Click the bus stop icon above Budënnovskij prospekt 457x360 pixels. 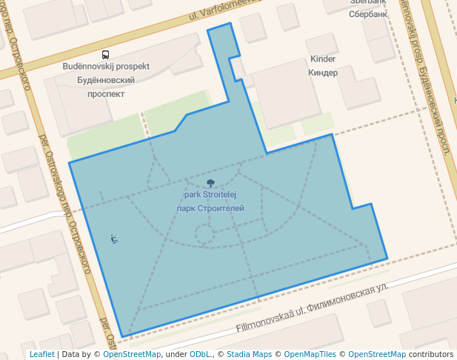coord(106,55)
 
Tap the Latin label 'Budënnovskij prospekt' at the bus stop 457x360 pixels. coord(106,67)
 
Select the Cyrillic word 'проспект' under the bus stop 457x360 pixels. coord(106,94)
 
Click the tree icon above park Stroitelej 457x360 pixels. coord(210,183)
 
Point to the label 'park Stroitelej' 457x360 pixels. coord(210,196)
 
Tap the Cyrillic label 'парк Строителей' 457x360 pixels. coord(210,208)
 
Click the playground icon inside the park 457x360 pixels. coord(114,239)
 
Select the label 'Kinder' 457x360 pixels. coord(323,59)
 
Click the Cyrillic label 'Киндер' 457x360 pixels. coord(323,73)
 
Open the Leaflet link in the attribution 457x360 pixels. coord(41,354)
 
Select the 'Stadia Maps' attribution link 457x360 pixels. coord(249,354)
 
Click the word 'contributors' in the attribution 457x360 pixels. coord(430,354)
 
